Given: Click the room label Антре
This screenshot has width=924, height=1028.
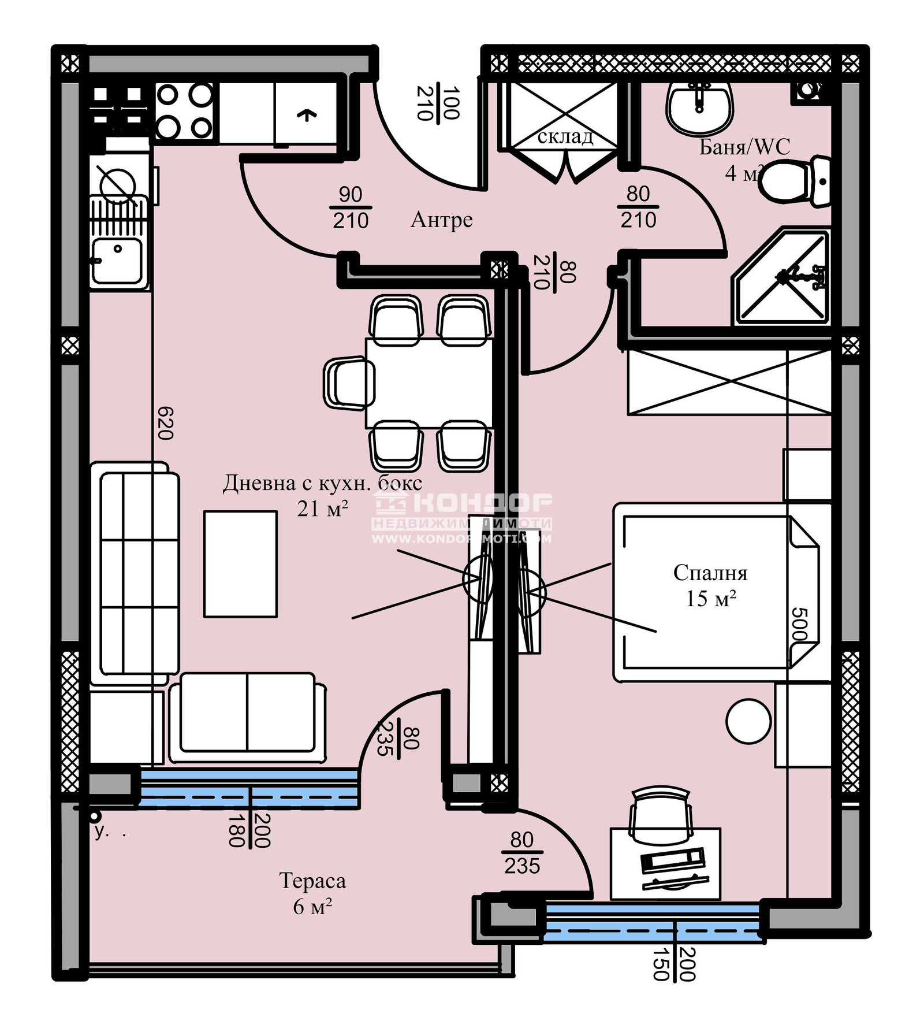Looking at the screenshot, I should pos(441,220).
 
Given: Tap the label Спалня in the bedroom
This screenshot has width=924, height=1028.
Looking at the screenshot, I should pos(710,573).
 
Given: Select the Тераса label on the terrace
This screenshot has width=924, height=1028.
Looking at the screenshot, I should pos(312,881).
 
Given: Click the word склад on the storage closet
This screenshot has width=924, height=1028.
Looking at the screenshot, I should pos(564,136).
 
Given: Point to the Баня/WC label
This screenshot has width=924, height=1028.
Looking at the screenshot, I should pos(744,147).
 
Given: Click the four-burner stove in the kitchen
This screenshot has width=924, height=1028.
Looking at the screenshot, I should pos(184,112).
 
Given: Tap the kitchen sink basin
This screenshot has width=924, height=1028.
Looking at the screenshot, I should pos(117,260).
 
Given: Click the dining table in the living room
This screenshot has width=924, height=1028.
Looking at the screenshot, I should pos(429,383).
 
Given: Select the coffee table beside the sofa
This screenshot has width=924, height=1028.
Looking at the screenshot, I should pos(240,563).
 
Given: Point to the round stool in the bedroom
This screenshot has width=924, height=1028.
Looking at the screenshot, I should pos(748,721).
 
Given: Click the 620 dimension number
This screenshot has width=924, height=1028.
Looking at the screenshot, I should pos(165,423).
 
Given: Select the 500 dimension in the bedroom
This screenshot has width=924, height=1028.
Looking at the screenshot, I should pos(798,624).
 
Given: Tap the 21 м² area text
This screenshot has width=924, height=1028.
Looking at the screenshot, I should pos(322,509).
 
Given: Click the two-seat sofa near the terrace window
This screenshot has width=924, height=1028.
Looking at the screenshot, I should pos(248,718).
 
